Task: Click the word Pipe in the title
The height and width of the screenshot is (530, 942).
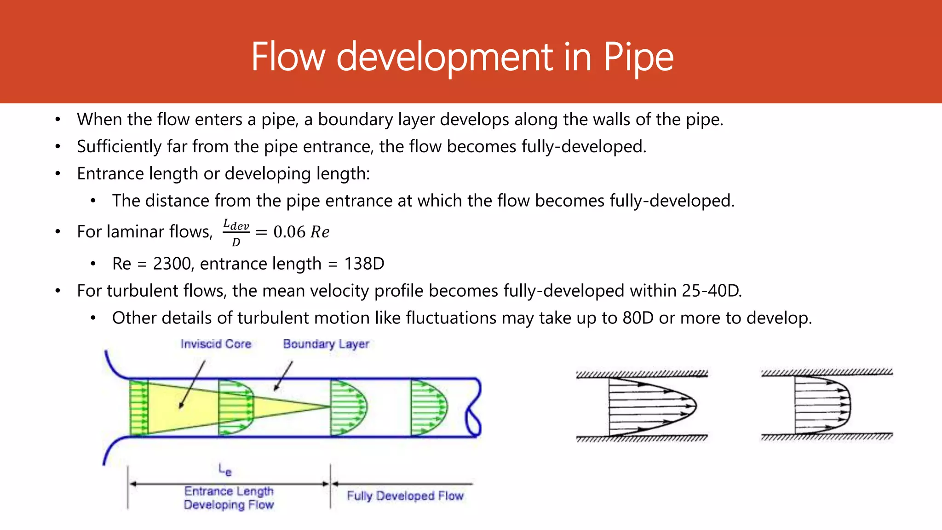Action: click(x=638, y=57)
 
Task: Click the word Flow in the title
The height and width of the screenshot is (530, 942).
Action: click(x=288, y=57)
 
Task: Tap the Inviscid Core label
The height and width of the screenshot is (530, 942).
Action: click(x=216, y=344)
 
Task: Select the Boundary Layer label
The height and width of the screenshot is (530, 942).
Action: click(x=326, y=344)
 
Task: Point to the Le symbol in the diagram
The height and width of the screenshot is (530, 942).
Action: click(x=225, y=470)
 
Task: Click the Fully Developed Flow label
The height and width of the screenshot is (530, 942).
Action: click(x=405, y=496)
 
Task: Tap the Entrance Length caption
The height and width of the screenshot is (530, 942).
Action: click(x=229, y=491)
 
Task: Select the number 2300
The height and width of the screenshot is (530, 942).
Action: click(x=172, y=264)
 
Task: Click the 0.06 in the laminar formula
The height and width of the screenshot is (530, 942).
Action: click(x=289, y=232)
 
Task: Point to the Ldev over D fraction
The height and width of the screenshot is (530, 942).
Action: click(x=236, y=232)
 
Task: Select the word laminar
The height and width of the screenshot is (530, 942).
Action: click(x=128, y=231)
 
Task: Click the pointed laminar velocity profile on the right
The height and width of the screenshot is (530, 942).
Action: click(x=651, y=406)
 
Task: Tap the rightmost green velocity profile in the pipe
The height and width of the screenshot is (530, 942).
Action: click(x=428, y=408)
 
